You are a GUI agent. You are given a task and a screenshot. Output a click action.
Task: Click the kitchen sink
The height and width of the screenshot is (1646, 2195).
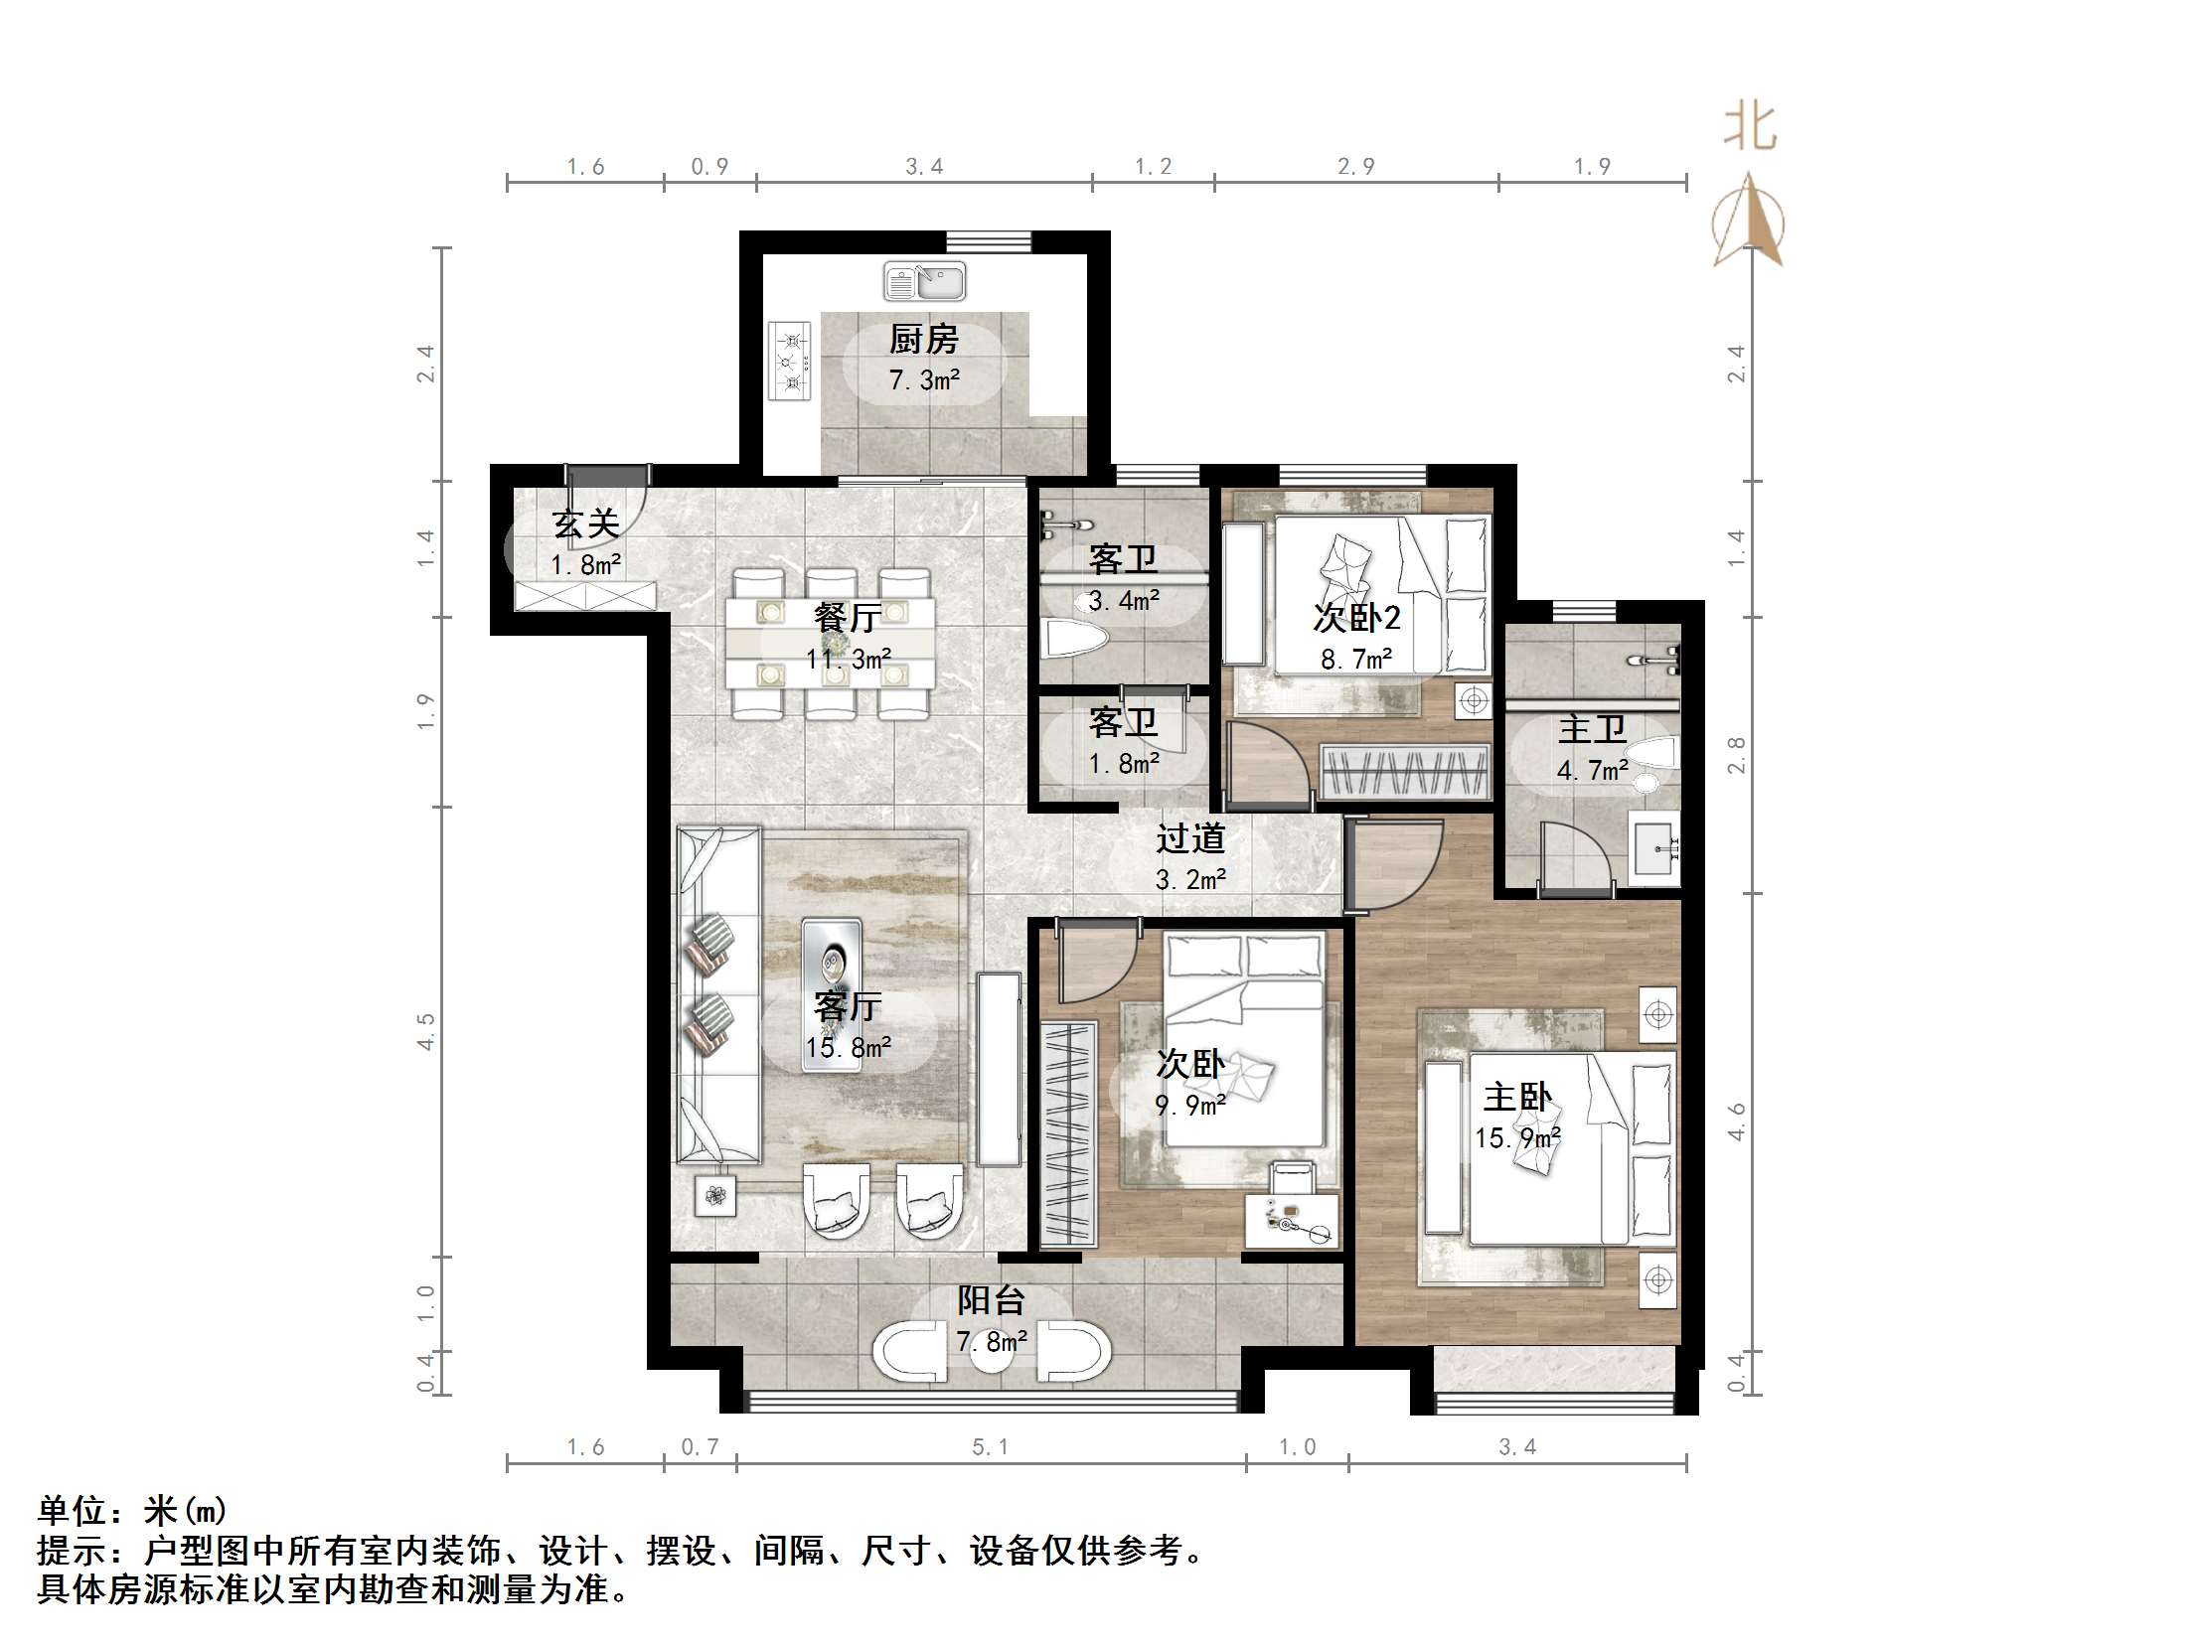(924, 282)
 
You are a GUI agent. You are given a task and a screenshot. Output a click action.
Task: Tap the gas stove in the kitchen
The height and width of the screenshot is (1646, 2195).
(790, 360)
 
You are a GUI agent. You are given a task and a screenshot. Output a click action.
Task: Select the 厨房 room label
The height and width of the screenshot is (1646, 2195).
(923, 340)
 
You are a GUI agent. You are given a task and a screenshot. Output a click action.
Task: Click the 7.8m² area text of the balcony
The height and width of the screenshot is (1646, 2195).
(991, 1342)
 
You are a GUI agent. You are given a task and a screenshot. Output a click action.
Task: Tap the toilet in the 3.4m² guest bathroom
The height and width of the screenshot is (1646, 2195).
(1071, 639)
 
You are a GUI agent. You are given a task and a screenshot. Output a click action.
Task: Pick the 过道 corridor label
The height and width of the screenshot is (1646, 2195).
(1189, 839)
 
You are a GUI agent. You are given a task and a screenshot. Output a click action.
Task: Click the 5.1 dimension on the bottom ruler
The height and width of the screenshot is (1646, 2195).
(990, 1447)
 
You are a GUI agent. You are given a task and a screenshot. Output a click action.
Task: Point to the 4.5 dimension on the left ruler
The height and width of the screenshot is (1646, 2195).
(425, 1031)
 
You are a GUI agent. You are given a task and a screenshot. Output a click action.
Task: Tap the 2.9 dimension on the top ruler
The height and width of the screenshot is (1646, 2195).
(1355, 167)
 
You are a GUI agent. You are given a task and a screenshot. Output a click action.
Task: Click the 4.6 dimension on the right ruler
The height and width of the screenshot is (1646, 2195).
(1736, 1122)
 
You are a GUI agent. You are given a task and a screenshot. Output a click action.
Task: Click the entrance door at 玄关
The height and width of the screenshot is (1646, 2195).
(606, 497)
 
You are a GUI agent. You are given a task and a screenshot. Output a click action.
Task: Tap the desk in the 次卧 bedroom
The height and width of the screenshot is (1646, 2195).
(1291, 1221)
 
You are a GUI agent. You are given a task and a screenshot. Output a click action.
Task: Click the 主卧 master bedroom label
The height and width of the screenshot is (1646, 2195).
(1516, 1097)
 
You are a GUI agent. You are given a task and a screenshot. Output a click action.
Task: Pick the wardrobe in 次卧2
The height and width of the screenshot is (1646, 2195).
(1405, 771)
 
